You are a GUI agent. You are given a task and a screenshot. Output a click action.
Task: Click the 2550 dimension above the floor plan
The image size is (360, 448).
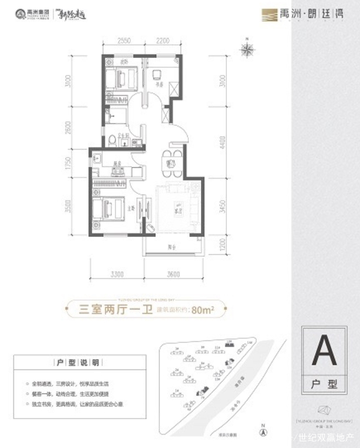pos(124,41)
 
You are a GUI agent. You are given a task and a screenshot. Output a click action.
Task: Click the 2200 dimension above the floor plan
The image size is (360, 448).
pos(161,41)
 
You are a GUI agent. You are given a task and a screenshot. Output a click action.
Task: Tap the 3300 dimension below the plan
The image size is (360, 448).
pos(117,275)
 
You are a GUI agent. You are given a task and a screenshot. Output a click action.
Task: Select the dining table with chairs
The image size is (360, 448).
pos(171,163)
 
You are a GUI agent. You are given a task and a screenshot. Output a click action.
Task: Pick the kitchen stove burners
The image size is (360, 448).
pos(117,170)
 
